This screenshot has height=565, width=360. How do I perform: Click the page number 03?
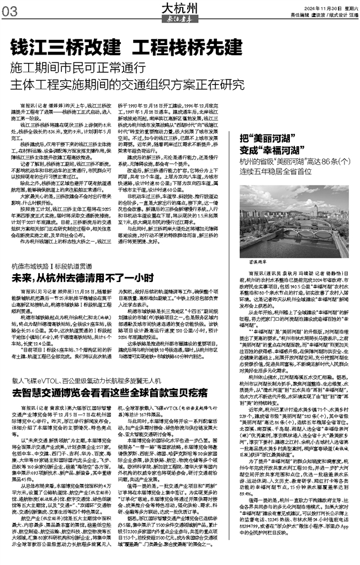[10, 10]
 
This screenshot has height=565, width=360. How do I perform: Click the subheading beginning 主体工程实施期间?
[126, 86]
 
